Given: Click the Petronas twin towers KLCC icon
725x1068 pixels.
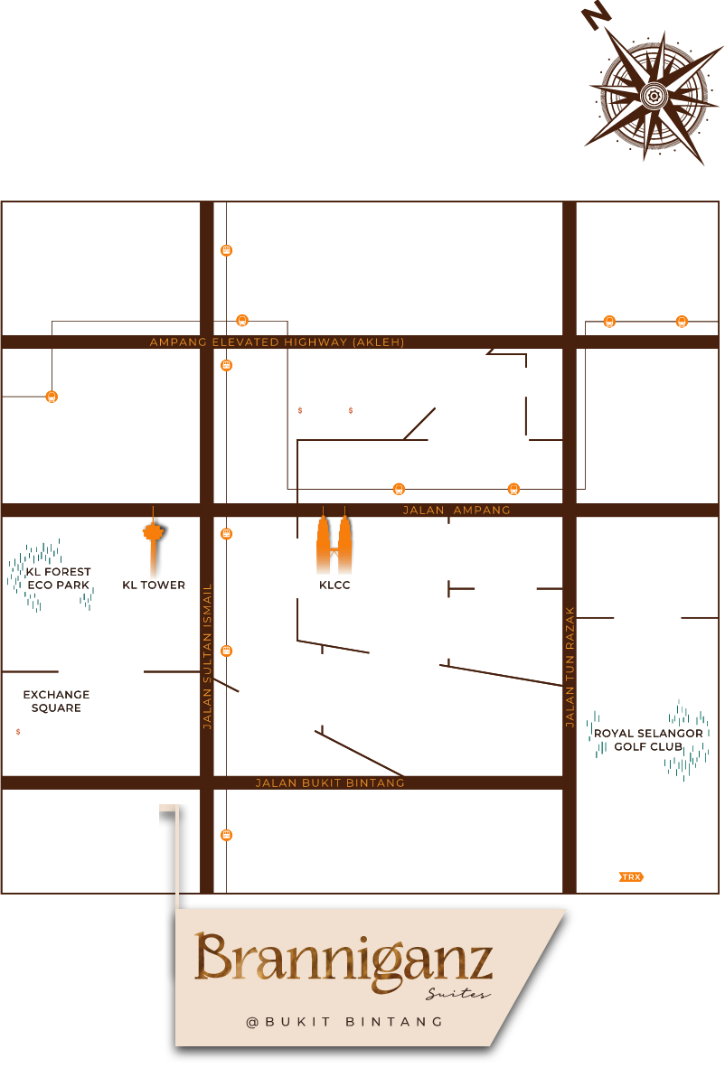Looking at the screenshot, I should point(333,546).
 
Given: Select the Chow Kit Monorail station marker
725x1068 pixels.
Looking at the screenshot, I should point(227,250).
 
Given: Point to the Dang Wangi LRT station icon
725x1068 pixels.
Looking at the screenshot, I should point(52,396).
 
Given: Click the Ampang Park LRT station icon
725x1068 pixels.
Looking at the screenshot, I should point(513,489).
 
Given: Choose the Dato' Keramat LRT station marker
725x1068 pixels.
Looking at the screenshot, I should point(682,321).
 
